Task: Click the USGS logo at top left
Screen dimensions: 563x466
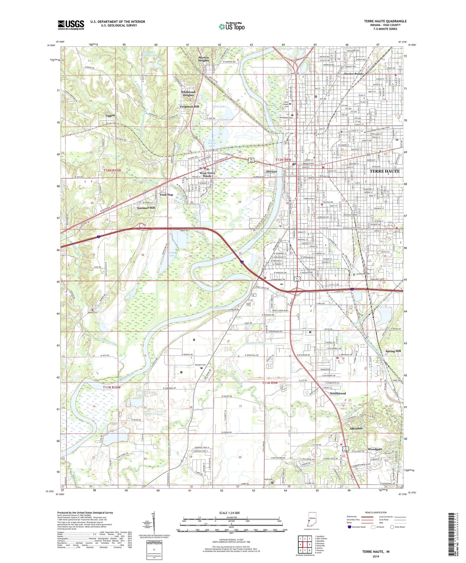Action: (71, 25)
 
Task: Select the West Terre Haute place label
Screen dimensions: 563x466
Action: (207, 174)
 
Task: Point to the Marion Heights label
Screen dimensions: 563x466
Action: (203, 59)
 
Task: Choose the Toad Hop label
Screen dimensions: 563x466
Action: (166, 195)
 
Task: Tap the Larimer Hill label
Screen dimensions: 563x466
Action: (144, 208)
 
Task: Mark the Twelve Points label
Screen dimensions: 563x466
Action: (353, 74)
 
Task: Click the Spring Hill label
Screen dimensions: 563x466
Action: (393, 351)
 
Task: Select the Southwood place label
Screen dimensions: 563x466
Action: (338, 393)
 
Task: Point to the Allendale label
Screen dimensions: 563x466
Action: (356, 429)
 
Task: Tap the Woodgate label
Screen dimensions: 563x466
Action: (375, 449)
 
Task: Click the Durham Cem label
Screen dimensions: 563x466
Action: (200, 365)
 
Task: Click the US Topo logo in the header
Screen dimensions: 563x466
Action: (231, 26)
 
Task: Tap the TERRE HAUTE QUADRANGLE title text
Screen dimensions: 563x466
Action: (385, 21)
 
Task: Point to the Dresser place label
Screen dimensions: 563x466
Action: (272, 172)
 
